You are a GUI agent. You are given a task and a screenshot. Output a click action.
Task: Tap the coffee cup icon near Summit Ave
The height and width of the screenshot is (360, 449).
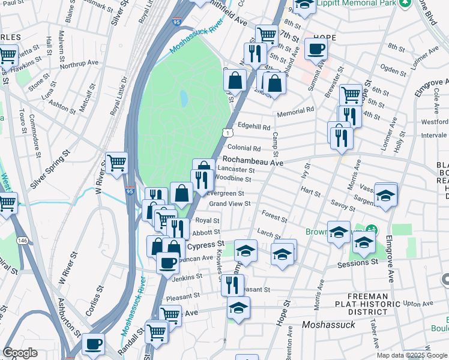[x=316, y=49]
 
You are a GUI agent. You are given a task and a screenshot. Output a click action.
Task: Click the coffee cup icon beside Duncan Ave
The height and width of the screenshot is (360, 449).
[x=167, y=262]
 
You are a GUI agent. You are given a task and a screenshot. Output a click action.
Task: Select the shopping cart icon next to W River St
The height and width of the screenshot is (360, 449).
[x=116, y=162]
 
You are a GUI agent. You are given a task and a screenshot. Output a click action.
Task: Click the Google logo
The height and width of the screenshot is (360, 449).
[x=20, y=352]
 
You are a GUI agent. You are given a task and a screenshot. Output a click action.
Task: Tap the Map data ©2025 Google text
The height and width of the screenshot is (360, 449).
[x=412, y=355]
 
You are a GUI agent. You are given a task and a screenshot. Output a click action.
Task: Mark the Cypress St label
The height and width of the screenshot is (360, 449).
[x=205, y=245]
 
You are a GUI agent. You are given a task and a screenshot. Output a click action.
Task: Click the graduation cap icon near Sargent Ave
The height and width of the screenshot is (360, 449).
[x=386, y=194]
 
